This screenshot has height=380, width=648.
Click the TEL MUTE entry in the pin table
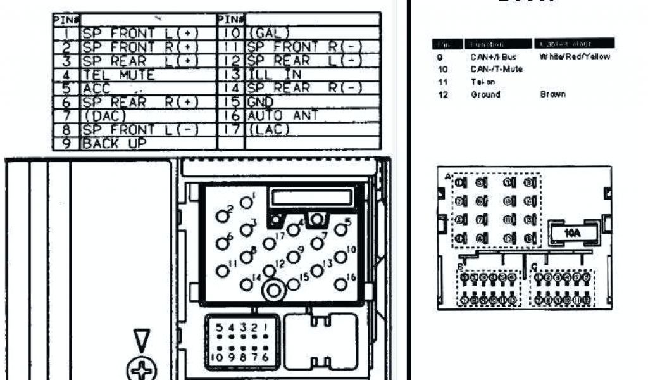point(118,75)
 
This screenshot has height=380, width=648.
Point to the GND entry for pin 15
point(261,102)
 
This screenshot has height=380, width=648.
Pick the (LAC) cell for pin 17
point(268,130)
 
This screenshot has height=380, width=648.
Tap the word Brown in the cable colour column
point(552,94)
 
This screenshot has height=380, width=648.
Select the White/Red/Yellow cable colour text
point(575,57)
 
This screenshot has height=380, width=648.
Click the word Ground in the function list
point(485,94)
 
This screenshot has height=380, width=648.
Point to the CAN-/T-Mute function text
point(497,69)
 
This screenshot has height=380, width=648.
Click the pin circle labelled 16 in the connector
point(341,284)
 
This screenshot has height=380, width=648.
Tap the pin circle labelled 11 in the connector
point(223,271)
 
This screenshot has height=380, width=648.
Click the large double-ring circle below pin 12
point(274,291)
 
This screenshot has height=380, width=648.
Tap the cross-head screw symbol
point(142,369)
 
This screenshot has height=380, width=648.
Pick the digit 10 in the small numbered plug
point(218,357)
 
